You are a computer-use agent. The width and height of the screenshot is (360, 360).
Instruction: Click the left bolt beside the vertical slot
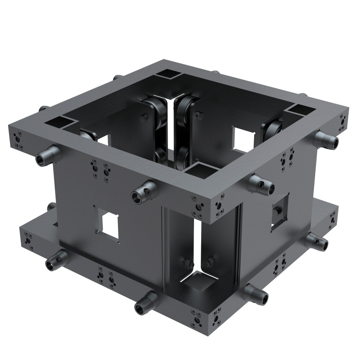point(186,263)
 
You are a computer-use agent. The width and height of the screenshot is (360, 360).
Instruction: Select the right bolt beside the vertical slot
point(208,262)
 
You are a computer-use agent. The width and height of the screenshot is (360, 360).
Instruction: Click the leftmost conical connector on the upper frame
point(46,156)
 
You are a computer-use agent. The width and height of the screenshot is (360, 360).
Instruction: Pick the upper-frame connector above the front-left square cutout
point(142,191)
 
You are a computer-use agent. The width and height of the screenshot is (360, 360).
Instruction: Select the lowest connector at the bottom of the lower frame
point(145,304)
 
